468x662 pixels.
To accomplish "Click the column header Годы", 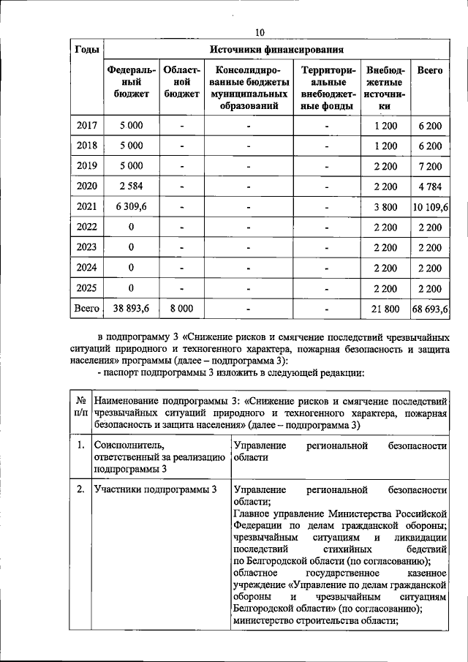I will click(88, 50).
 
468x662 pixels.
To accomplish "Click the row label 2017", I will click(88, 126).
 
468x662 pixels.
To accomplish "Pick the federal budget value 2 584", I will click(132, 186).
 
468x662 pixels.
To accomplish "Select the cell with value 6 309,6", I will click(132, 207).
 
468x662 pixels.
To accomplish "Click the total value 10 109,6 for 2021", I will click(430, 207).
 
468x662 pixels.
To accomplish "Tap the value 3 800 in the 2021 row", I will click(385, 207).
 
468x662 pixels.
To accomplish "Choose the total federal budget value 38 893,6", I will click(132, 309).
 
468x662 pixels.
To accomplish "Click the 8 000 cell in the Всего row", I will click(181, 309).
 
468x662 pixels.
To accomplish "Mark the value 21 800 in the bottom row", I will click(385, 309).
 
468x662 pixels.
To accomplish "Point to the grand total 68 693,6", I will click(430, 309).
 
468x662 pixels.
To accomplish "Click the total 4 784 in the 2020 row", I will click(430, 186).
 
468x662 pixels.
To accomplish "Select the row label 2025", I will click(88, 287).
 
